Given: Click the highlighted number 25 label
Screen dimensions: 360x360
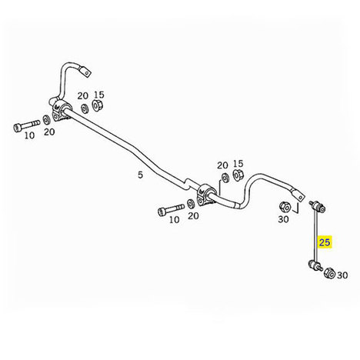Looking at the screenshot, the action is coord(325,242).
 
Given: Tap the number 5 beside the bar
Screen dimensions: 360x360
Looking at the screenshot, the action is coord(140,175).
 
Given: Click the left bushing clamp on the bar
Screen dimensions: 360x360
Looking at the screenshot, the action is coord(60,111).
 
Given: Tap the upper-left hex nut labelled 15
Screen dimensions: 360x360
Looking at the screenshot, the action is coord(97,105).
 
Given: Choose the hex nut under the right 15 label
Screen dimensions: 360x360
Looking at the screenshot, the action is coord(238,174).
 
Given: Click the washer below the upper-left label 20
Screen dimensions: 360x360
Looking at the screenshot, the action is coord(84,108).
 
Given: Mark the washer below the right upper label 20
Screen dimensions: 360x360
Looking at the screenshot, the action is coord(225,178).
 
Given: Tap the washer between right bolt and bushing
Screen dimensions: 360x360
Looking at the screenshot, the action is coord(191,203).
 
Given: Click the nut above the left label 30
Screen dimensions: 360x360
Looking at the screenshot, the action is coord(285,207).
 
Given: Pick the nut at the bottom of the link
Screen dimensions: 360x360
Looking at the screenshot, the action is coord(329,273).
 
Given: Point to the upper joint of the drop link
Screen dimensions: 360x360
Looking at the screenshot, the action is coord(318,206).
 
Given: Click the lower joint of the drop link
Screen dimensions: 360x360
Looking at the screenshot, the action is coord(315,265).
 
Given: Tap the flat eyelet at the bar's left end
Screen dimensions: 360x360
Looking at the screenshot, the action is coord(85,71).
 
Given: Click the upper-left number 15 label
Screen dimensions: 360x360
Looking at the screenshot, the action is coord(99,95).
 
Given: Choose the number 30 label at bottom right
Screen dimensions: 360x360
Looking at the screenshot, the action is coord(342,275).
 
